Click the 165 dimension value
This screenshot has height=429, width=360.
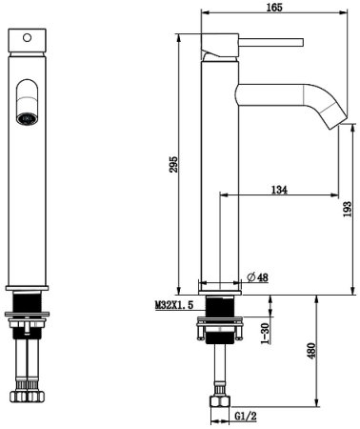(x=274, y=8)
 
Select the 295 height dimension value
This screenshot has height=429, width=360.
(x=173, y=164)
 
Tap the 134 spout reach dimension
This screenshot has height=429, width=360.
(x=279, y=190)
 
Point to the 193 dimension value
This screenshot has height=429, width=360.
(x=348, y=209)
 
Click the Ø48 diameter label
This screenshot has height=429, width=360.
(x=257, y=277)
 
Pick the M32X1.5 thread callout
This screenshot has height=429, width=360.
(x=174, y=305)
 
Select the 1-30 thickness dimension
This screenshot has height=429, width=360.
(x=265, y=333)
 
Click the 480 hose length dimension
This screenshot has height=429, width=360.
(x=311, y=351)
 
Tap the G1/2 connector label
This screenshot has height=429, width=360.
(x=246, y=416)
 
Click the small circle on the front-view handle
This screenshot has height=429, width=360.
(x=28, y=38)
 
